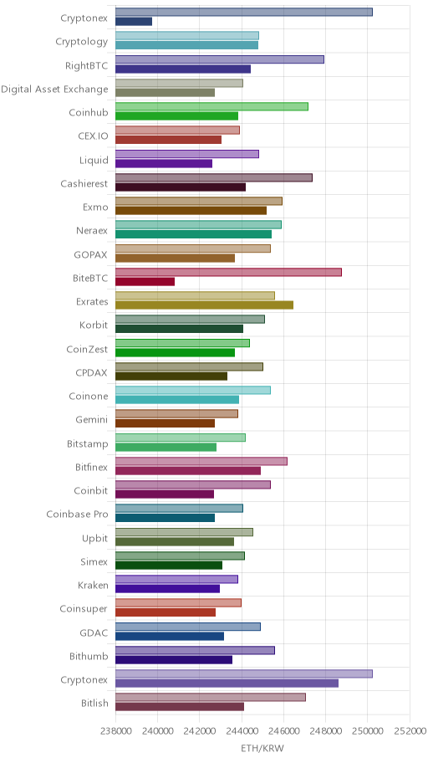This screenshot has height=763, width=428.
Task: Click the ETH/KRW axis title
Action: point(262,748)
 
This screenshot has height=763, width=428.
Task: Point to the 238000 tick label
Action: point(115,731)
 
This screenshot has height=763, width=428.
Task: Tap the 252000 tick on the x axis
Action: point(410,731)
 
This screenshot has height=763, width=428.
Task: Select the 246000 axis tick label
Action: point(283,731)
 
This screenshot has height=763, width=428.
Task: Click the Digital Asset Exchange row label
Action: point(54,89)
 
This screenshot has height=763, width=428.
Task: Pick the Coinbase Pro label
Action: point(78,514)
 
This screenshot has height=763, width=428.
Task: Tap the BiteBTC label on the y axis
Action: point(90,279)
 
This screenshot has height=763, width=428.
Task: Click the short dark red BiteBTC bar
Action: point(145,282)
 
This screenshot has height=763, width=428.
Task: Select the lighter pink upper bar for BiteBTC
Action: point(228,272)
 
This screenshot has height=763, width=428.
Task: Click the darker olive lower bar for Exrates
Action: point(204,305)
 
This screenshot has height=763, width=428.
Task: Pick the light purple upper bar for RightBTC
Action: point(220,59)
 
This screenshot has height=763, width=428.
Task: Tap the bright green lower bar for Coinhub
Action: point(177,115)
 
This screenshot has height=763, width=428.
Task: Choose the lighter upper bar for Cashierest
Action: point(214,177)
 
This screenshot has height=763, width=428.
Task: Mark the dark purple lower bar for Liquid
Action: point(164,163)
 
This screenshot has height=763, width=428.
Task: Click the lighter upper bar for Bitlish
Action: point(211,697)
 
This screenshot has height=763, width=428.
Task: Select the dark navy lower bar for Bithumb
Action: point(174,660)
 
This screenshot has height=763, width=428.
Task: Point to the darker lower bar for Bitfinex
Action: point(188,470)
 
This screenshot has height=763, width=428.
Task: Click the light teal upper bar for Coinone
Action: point(193,390)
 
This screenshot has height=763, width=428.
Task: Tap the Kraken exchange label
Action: point(93,585)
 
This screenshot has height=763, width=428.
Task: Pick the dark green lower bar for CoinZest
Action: point(175,352)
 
